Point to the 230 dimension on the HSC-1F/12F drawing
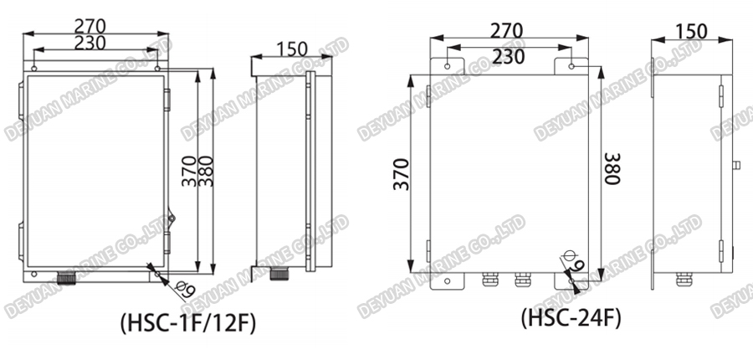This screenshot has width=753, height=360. tap(95, 42)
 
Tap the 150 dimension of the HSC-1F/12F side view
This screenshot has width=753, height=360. tap(290, 49)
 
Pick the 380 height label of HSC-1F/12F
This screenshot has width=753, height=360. tap(205, 172)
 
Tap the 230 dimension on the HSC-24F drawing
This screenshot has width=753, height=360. tap(510, 56)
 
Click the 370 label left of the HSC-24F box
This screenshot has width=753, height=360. tap(401, 173)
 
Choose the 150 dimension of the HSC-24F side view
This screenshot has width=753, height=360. tap(691, 31)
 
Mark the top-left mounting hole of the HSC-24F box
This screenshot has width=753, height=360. tap(448, 66)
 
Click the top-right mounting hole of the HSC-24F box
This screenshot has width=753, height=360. tap(572, 66)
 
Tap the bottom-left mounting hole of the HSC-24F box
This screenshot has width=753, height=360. tap(448, 280)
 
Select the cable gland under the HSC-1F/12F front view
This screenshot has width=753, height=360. tap(65, 277)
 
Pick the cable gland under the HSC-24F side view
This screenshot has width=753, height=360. tap(683, 279)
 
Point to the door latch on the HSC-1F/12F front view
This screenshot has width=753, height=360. tap(172, 217)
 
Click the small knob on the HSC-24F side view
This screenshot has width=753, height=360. tap(736, 165)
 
